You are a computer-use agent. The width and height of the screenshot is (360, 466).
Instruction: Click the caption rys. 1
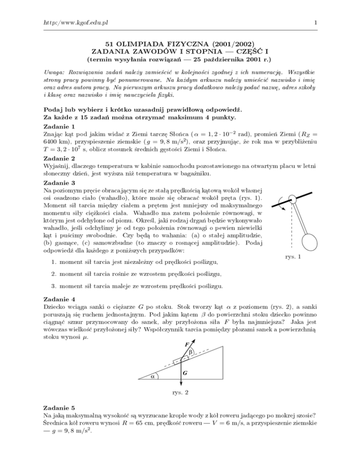coord(293,257)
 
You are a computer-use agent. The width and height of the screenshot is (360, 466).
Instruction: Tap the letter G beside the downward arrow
coord(187,373)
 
